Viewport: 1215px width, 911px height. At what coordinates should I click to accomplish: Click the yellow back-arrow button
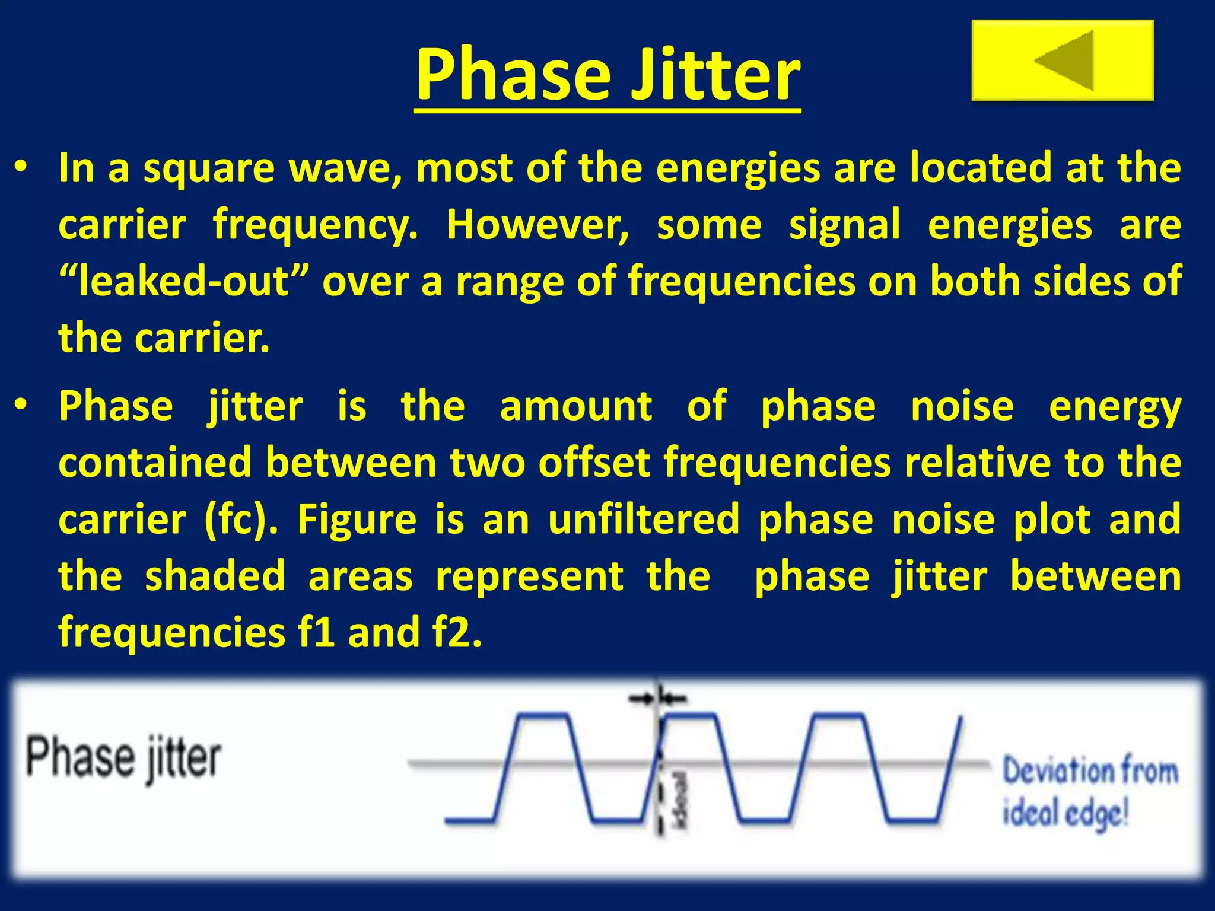click(1062, 60)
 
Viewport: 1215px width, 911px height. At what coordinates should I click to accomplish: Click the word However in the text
click(537, 225)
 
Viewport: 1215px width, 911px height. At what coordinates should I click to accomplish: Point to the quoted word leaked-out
click(185, 282)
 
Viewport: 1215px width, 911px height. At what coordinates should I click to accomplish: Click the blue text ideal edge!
click(1065, 813)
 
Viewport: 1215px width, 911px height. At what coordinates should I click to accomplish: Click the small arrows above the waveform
click(657, 699)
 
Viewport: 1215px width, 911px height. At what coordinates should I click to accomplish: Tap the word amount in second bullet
click(575, 406)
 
